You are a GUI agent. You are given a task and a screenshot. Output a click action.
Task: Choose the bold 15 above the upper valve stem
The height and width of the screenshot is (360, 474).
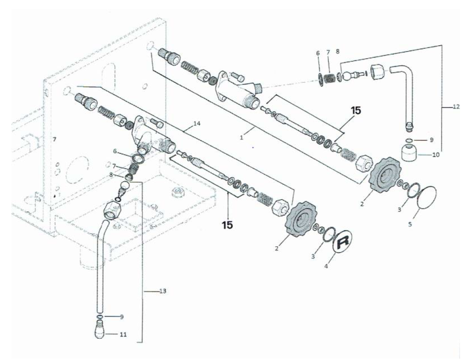(x=356, y=111)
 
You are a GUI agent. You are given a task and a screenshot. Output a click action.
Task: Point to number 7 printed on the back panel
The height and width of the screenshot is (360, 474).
(x=54, y=139)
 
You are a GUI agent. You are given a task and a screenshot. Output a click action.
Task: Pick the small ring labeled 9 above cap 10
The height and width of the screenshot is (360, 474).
(x=409, y=140)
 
